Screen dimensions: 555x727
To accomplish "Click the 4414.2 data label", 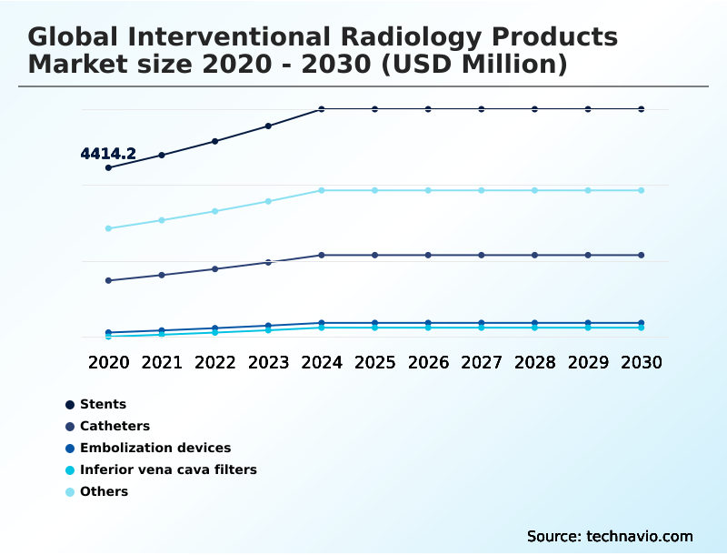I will [108, 154].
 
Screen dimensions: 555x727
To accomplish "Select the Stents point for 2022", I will [215, 141].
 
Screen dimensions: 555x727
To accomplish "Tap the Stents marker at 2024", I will [322, 109].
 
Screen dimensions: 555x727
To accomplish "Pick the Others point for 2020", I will [108, 228].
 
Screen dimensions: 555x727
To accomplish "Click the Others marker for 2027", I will [482, 190].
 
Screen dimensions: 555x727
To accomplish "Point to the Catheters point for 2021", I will [162, 275].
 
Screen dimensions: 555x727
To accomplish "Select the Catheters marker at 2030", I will [642, 255].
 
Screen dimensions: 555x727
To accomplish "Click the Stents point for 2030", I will [642, 109].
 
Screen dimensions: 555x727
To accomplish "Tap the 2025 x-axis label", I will [375, 362].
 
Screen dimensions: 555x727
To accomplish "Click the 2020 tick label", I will [108, 362].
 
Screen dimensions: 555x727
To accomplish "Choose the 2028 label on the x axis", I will [535, 362].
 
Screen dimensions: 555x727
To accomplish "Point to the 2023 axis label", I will [268, 362].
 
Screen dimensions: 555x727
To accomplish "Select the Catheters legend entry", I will [115, 426].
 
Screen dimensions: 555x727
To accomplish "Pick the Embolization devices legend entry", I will [154, 448].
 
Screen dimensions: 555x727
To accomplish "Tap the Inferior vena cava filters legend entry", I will [168, 469].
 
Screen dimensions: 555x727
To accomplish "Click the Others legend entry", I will [104, 491].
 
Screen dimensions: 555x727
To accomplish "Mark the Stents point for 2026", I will [428, 109].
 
